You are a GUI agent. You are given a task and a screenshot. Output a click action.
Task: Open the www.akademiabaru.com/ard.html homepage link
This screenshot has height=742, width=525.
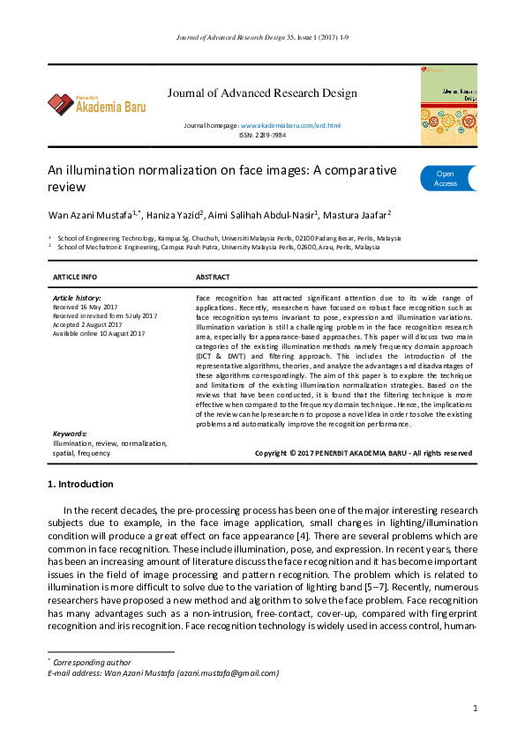click(290, 127)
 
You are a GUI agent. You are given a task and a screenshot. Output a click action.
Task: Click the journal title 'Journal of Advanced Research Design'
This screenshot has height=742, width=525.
click(262, 93)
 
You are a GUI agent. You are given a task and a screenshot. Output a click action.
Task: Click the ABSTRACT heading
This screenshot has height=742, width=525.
click(213, 277)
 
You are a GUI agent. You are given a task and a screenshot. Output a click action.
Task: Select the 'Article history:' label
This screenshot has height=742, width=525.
click(78, 298)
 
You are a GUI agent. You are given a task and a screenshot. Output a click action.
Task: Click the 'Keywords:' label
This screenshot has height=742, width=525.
click(71, 434)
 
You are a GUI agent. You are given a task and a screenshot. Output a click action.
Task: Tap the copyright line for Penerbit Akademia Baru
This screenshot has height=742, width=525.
click(363, 453)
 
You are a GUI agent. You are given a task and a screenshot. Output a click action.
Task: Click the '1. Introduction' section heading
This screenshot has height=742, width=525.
click(79, 484)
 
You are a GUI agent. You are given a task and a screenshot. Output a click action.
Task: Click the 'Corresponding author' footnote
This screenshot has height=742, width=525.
click(92, 662)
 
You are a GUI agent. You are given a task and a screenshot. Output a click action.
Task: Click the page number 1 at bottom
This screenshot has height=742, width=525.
click(475, 708)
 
